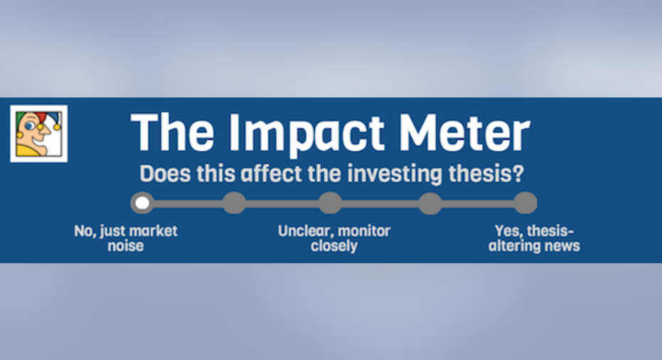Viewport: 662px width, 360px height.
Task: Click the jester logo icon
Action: [39, 134]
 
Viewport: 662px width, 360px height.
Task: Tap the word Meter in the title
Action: [464, 132]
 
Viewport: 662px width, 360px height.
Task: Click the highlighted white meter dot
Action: [142, 203]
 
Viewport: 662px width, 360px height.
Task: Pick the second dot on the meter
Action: [235, 203]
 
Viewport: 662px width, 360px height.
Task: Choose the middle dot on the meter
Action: [330, 203]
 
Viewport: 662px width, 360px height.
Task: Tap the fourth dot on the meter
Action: [429, 203]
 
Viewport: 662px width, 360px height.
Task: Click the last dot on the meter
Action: [525, 203]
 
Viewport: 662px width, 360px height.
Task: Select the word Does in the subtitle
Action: [165, 173]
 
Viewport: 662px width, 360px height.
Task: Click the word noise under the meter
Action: [125, 245]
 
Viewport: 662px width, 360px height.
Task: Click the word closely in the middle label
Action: [334, 246]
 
